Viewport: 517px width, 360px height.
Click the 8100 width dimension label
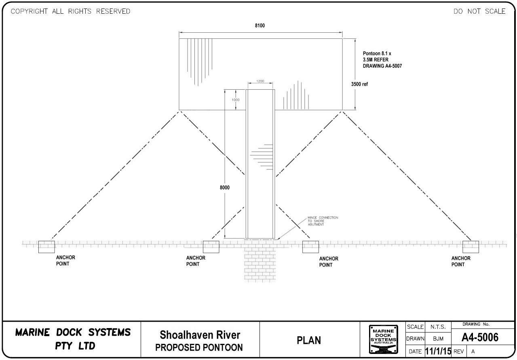tap(260, 26)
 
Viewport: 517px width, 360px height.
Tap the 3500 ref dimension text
tap(359, 84)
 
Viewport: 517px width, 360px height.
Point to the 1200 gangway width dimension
tap(260, 81)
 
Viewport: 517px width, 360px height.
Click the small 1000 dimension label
tap(235, 100)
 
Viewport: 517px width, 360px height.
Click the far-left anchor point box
tap(46, 246)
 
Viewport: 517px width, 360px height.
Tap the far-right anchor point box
tap(471, 246)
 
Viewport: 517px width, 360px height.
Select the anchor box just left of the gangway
tap(211, 246)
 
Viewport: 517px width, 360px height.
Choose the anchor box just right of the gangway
tap(310, 246)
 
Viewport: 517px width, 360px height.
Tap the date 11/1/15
tap(438, 351)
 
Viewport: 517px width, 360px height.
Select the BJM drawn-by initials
tap(438, 339)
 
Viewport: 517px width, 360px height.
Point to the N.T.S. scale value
tap(438, 326)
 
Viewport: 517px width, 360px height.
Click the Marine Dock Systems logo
tap(383, 340)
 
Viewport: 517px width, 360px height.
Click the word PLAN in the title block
tap(309, 341)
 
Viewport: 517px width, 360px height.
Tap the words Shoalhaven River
tap(200, 335)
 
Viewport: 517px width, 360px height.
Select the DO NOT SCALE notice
tap(479, 11)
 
